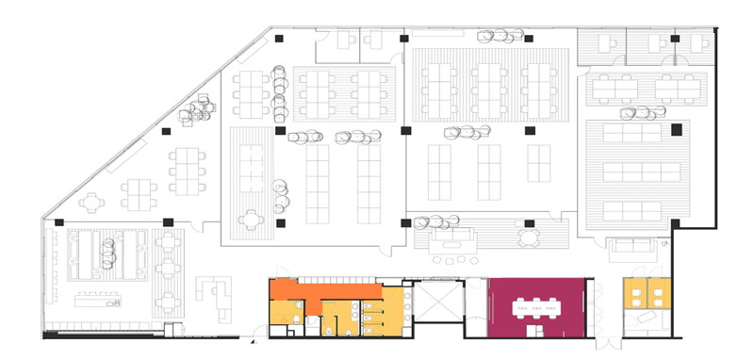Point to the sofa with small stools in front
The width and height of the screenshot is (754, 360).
453,243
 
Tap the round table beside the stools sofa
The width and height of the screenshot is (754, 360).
529,235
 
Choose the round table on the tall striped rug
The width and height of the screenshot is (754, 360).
250,220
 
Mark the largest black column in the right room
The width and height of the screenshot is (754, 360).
676,129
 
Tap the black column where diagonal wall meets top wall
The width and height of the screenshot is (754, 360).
280,38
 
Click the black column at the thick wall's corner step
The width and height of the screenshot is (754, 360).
675,223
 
